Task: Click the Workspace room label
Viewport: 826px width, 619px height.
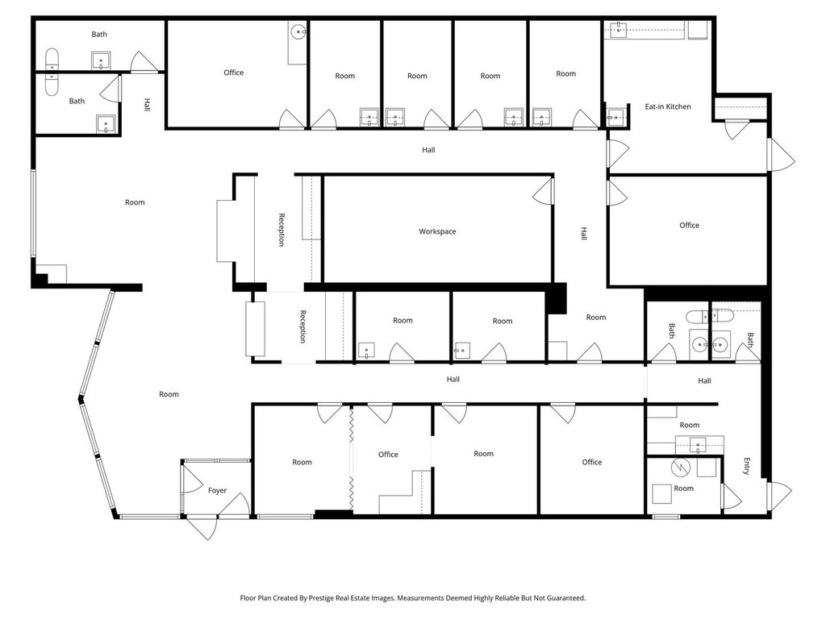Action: [x=437, y=231]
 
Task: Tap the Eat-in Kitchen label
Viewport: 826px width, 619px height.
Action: [x=667, y=106]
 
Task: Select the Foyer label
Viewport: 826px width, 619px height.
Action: [x=217, y=491]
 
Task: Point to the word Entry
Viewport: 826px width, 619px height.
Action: [x=746, y=467]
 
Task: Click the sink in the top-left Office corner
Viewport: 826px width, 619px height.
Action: [x=298, y=32]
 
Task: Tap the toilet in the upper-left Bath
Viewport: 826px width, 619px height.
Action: [x=52, y=59]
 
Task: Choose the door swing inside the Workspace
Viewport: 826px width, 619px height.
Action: [x=543, y=191]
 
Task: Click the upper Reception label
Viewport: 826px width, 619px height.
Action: [x=282, y=230]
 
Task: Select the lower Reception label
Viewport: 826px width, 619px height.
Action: [x=303, y=326]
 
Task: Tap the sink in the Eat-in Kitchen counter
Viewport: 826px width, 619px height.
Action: [x=619, y=30]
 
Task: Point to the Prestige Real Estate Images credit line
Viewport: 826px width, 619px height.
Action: [x=413, y=598]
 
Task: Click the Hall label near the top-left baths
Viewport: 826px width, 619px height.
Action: [x=147, y=104]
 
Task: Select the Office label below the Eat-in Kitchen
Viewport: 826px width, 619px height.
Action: [x=689, y=226]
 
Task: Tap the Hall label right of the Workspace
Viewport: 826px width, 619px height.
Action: [x=584, y=234]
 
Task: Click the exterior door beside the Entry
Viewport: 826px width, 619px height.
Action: [x=779, y=496]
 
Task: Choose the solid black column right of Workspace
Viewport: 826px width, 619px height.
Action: [x=556, y=298]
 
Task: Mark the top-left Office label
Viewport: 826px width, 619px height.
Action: [x=233, y=73]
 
